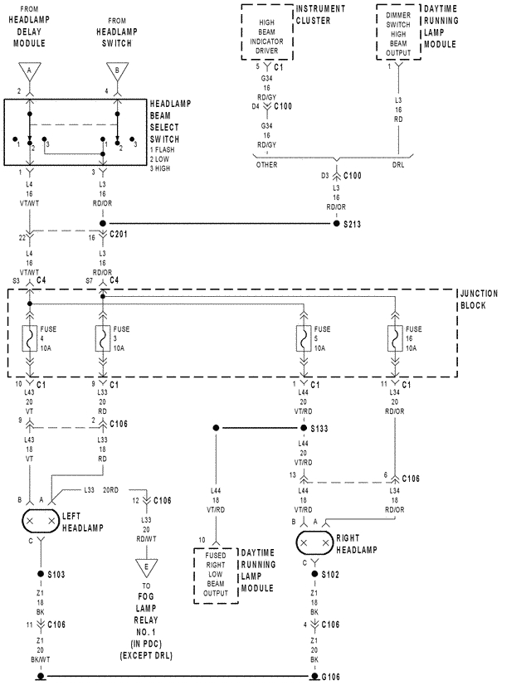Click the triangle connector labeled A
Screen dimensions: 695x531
[30, 72]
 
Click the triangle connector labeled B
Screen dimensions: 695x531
[117, 72]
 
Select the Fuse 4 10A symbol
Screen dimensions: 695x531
[30, 339]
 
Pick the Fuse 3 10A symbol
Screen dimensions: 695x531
[102, 339]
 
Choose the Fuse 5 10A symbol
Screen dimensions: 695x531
[304, 339]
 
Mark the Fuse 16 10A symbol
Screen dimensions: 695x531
[395, 339]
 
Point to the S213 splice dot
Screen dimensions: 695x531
[336, 223]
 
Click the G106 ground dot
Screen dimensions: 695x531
[314, 677]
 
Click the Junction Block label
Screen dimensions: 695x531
[480, 299]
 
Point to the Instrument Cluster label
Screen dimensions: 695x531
[321, 15]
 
